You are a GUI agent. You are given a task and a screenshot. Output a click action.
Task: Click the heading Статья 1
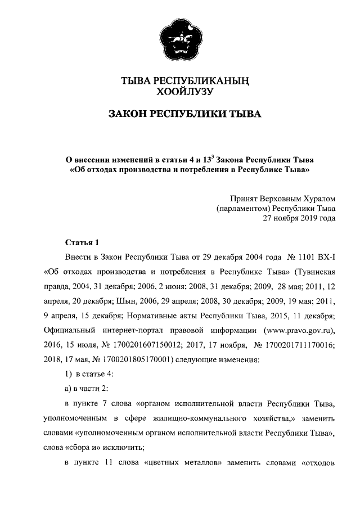82,242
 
